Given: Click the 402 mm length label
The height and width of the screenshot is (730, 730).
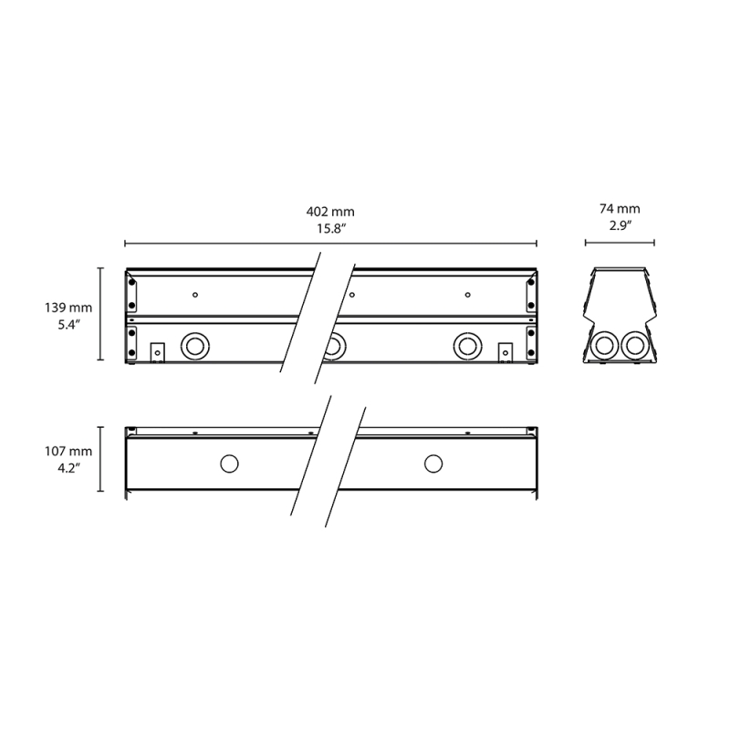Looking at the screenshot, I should click(x=330, y=212).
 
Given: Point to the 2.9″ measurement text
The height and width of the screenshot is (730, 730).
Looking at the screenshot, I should click(x=620, y=227).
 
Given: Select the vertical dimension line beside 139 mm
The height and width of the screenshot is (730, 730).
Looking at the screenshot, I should click(x=100, y=315).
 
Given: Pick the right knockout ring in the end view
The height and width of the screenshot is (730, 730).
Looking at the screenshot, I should click(x=633, y=345).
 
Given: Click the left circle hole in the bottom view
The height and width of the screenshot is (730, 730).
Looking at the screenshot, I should click(x=228, y=464).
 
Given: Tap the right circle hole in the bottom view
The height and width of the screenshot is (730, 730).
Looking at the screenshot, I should click(x=433, y=464).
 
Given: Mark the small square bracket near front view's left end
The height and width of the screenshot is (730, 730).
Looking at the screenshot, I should click(x=156, y=351).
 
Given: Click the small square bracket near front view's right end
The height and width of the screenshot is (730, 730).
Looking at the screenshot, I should click(x=504, y=351).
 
